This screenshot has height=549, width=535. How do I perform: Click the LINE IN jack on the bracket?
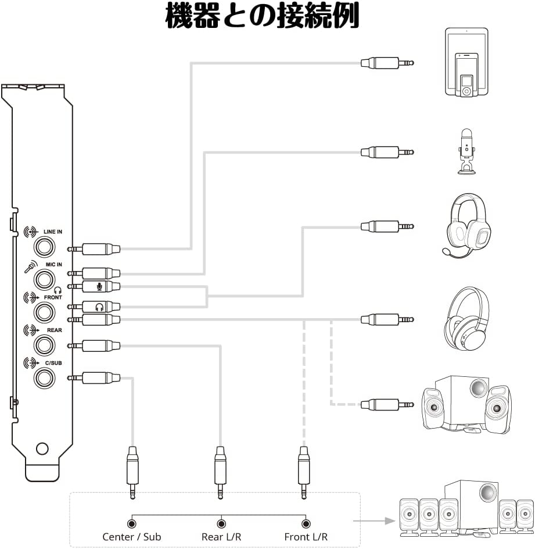[x=44, y=247]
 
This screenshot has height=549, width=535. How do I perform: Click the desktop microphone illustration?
[x=466, y=151]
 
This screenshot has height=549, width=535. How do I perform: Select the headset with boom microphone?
[x=467, y=225]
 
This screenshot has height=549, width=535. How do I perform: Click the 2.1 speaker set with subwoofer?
[x=467, y=404]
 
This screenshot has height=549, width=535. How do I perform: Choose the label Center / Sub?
[x=132, y=537]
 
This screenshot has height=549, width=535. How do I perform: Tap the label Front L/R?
[x=306, y=537]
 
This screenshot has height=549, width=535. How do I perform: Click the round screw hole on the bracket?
[x=42, y=448]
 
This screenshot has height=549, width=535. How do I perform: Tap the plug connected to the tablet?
[x=386, y=62]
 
